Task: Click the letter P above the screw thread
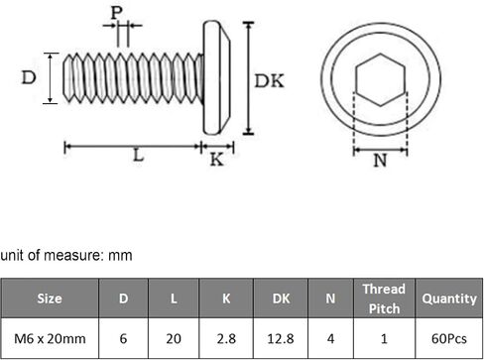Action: (x=116, y=13)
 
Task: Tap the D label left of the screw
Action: (x=29, y=78)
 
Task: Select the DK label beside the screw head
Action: (x=269, y=81)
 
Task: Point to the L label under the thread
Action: (x=139, y=155)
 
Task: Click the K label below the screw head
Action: (x=217, y=160)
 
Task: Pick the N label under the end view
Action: (x=380, y=161)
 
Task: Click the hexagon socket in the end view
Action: (x=380, y=80)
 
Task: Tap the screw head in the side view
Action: (x=216, y=78)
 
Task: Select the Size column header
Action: (x=50, y=299)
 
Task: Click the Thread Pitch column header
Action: (x=384, y=299)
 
